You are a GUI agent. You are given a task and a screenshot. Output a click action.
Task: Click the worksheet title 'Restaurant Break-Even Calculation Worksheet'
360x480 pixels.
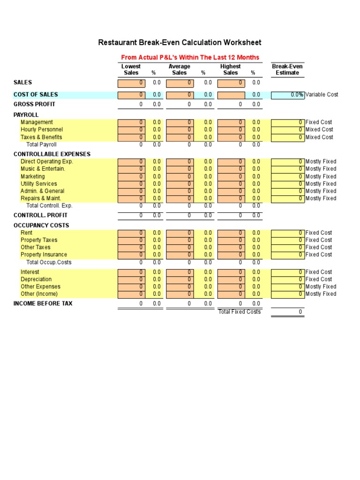(180, 43)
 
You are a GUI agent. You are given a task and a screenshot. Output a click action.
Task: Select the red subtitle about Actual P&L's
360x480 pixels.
(190, 57)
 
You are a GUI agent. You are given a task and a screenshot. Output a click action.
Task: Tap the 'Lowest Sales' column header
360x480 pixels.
(131, 69)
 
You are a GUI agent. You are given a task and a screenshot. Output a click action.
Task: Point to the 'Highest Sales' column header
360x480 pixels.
(230, 69)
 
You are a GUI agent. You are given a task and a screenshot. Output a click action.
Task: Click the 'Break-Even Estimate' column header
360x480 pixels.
(287, 69)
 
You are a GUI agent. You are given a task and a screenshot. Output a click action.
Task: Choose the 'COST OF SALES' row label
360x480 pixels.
(36, 95)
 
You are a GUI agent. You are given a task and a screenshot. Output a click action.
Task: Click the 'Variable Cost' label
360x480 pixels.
(322, 95)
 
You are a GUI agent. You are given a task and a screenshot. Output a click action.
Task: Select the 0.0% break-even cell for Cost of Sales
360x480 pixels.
(287, 95)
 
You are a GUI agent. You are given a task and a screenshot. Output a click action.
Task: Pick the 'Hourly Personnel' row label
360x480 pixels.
(42, 129)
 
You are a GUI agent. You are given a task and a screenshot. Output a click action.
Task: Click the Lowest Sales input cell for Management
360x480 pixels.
(131, 122)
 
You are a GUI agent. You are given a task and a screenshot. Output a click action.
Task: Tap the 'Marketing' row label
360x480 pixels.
(33, 177)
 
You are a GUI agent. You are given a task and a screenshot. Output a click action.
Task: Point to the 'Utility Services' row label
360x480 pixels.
(39, 184)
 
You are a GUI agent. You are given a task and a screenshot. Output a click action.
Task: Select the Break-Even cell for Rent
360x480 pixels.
(287, 232)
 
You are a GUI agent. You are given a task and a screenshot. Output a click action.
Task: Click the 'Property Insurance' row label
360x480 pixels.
(44, 255)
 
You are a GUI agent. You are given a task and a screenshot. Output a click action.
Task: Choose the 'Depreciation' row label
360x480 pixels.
(37, 279)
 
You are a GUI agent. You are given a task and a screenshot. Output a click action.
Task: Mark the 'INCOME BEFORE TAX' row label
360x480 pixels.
(43, 304)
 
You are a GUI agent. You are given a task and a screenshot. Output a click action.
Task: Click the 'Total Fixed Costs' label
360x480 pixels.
(240, 312)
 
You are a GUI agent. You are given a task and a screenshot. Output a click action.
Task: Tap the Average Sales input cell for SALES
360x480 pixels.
(180, 83)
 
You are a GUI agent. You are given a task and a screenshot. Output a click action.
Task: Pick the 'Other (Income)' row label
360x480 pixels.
(39, 294)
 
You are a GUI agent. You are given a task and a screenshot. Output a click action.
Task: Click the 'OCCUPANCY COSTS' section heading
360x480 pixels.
(41, 225)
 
